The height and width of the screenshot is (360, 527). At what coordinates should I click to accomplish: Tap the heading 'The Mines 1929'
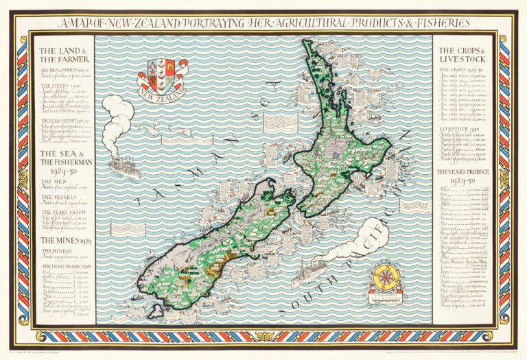coord(62,241)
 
